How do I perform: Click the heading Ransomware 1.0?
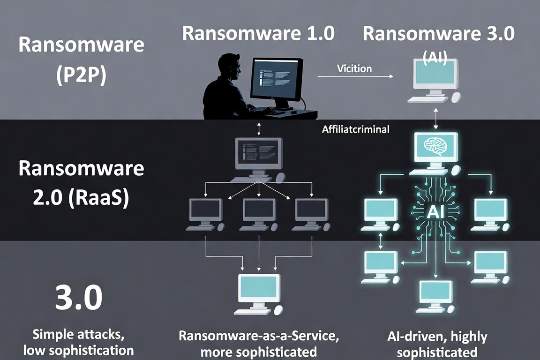click(258, 33)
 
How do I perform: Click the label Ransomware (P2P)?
click(81, 60)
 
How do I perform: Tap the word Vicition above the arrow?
click(354, 68)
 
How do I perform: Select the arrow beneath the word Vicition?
click(355, 76)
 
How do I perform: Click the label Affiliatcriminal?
click(356, 129)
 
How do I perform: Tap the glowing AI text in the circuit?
click(435, 211)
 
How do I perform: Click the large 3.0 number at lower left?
click(79, 297)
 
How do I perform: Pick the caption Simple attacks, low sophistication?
click(79, 342)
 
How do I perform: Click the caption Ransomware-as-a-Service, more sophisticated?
click(259, 344)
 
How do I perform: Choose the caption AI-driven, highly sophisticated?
click(437, 344)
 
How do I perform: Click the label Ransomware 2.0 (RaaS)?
click(81, 183)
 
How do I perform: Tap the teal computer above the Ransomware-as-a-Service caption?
click(259, 294)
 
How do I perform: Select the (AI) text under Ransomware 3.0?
click(435, 57)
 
